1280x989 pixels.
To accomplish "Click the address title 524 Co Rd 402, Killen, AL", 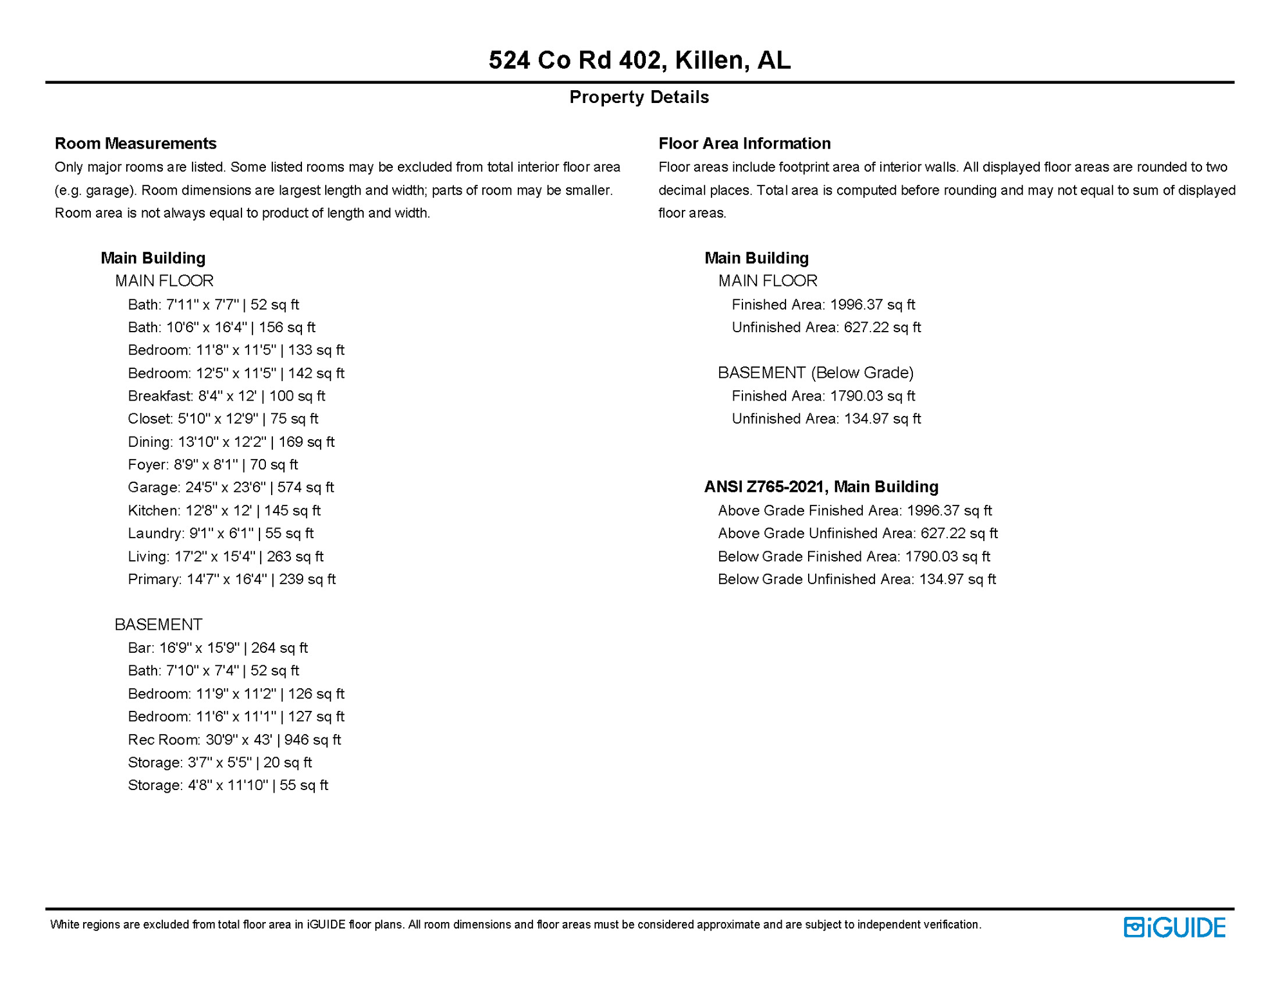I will [x=639, y=60].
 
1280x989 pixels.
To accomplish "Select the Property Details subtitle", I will [x=639, y=97].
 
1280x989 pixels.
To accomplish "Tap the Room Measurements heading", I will [x=135, y=143].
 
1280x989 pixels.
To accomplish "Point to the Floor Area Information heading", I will [x=744, y=143].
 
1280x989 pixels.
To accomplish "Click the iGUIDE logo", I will [x=1174, y=927].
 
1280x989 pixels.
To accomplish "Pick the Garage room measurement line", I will [x=231, y=487].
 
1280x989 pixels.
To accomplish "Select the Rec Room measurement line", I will [x=234, y=740].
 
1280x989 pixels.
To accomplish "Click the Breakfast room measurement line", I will [x=226, y=396].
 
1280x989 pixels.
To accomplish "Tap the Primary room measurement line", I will [x=232, y=579].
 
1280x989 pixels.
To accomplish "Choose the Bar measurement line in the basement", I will [x=218, y=648].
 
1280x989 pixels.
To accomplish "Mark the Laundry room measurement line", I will [x=220, y=533].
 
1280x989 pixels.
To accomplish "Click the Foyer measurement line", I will [x=212, y=465].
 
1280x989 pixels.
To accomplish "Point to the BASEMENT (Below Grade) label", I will [x=816, y=373].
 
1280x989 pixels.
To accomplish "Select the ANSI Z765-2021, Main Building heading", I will [x=821, y=487].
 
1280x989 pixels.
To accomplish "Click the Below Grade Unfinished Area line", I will [x=856, y=579].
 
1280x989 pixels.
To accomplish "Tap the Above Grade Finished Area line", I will [x=854, y=511].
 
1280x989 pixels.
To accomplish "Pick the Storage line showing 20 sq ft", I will [x=220, y=762].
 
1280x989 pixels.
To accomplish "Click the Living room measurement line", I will [x=225, y=556].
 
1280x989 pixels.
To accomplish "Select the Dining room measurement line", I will [x=231, y=442].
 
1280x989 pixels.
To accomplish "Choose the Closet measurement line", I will [x=223, y=419].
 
